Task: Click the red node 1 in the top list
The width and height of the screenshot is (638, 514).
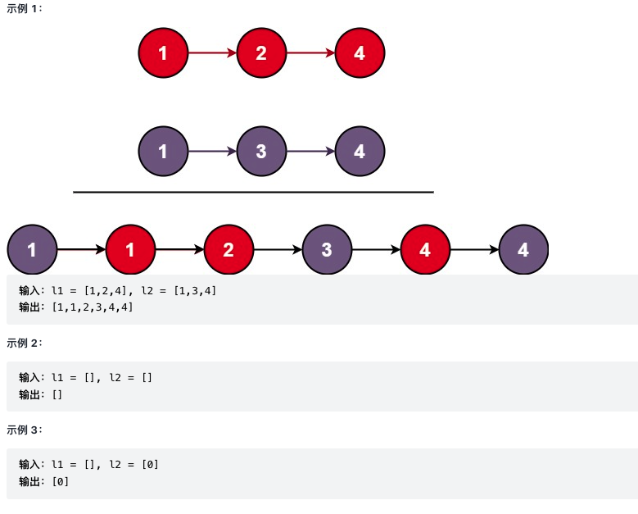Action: click(x=163, y=53)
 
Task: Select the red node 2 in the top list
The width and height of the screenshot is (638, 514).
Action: click(x=261, y=53)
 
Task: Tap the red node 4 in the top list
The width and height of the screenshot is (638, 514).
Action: click(x=360, y=53)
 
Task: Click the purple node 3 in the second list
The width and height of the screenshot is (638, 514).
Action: click(x=261, y=152)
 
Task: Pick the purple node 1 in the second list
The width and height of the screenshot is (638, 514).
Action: click(x=163, y=152)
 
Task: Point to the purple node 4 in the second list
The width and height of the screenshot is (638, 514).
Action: click(x=360, y=152)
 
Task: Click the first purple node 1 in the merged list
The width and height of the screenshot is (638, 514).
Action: click(x=32, y=249)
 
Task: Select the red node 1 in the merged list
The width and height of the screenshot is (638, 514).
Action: click(x=130, y=249)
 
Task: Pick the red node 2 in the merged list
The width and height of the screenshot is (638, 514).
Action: click(x=229, y=249)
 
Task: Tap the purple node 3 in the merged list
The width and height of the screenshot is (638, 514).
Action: click(x=327, y=249)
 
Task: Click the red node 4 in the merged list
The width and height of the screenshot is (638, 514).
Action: click(x=425, y=249)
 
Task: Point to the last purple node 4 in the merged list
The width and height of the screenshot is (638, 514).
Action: click(x=523, y=249)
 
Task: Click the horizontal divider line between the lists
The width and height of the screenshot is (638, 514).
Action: click(x=253, y=192)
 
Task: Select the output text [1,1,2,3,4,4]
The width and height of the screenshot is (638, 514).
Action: click(x=92, y=307)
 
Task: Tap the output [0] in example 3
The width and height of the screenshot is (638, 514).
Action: click(x=60, y=481)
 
